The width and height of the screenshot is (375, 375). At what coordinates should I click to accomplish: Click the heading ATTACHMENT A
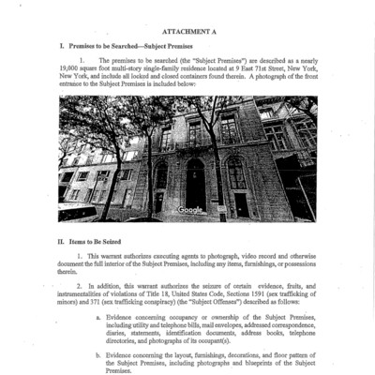click(187, 29)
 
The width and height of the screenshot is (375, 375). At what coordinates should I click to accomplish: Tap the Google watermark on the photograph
click(190, 209)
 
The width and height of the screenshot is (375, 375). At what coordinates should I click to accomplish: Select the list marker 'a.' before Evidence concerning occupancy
click(98, 318)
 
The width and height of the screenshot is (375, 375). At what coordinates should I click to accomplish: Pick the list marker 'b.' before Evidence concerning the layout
click(98, 356)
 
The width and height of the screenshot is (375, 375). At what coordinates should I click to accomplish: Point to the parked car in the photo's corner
click(75, 212)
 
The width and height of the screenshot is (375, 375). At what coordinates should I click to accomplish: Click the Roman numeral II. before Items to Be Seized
click(61, 241)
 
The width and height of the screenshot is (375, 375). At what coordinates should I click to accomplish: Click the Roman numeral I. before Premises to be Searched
click(61, 45)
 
